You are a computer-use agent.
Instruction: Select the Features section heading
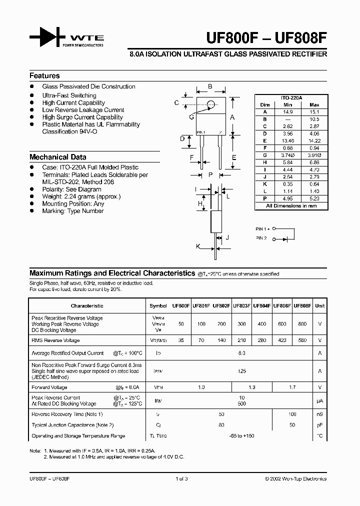coord(44,76)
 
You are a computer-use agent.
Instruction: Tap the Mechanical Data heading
coord(57,157)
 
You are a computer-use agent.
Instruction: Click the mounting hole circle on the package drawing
coord(211,104)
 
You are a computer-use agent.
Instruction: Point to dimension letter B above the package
coord(210,86)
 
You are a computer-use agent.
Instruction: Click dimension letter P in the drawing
coord(210,174)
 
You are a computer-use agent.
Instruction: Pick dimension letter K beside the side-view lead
coord(198,246)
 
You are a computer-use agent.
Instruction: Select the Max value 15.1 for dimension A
coord(314,112)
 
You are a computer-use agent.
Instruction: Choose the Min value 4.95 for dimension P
coord(287,198)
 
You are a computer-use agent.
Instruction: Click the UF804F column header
coord(261,305)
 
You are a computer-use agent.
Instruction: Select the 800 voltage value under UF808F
coord(302,324)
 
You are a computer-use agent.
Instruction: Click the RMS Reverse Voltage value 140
coord(221,340)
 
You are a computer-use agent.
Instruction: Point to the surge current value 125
coord(241,371)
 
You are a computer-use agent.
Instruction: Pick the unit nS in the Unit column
coord(319,414)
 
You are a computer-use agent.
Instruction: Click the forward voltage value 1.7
coord(292,387)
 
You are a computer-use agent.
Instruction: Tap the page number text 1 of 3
coord(181,478)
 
